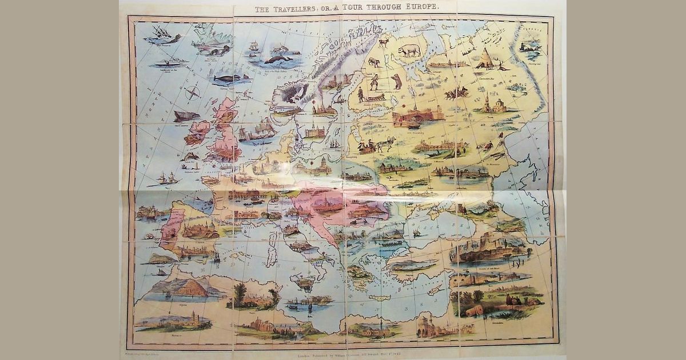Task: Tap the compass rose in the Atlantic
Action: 193,93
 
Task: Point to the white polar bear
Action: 409,50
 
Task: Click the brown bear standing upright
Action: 396,82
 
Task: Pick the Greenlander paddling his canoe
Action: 169,62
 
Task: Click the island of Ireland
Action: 197,133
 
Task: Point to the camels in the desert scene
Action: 517,300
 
